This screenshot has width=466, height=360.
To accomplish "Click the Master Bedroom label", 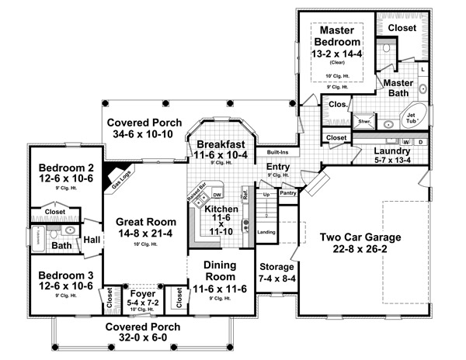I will [336, 36].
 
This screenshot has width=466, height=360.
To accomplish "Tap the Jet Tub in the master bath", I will [412, 118].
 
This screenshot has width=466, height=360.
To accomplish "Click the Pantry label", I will [287, 192].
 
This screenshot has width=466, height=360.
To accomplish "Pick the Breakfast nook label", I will [221, 145].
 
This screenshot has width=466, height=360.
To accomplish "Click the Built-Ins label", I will [278, 152].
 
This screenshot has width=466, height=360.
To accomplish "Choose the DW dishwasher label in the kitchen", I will [217, 194].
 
